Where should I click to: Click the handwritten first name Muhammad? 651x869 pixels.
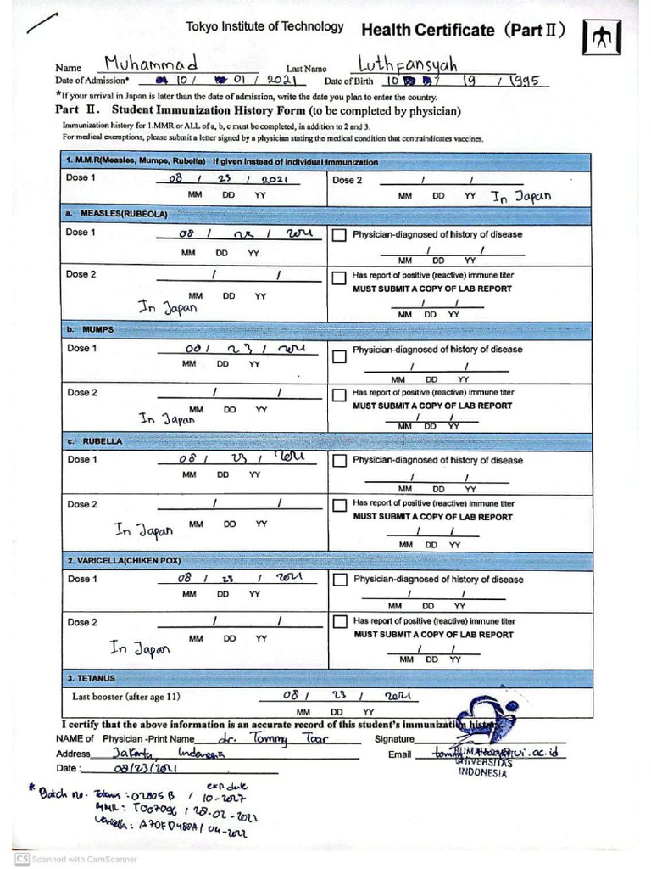point(151,64)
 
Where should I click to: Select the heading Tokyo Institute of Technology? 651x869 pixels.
point(265,27)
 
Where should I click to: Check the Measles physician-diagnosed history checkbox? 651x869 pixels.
point(339,236)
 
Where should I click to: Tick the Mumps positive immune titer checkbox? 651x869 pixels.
point(339,395)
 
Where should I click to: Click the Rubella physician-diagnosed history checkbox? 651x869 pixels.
point(339,461)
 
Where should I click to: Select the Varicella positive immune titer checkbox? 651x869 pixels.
point(339,622)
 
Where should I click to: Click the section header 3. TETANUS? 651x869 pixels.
point(91,679)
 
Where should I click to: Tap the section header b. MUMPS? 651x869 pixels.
point(90,328)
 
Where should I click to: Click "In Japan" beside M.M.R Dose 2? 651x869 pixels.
point(521,196)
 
